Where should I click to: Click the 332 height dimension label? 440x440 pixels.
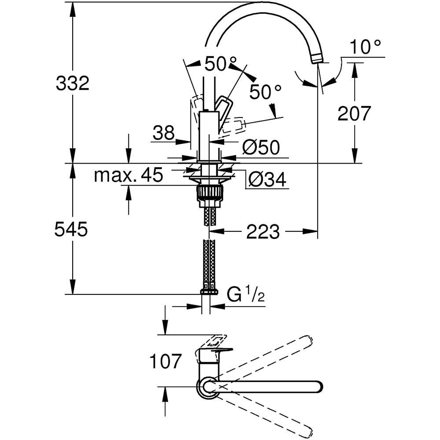[73, 83]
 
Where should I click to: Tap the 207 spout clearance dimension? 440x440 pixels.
[354, 114]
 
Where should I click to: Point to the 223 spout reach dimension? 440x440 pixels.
[263, 232]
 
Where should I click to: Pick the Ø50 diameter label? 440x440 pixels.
[260, 148]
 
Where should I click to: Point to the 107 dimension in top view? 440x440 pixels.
[165, 362]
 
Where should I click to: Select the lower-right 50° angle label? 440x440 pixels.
[265, 92]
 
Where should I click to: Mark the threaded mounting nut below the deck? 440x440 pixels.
[209, 192]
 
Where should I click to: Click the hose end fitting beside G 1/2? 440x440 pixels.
[209, 291]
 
